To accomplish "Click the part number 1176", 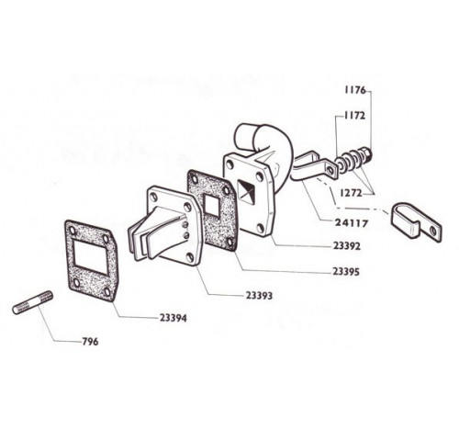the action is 355,90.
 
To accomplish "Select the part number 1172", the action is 354,116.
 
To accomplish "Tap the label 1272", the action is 351,193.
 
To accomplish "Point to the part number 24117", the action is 352,223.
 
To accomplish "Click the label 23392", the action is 347,246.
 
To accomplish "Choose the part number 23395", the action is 346,272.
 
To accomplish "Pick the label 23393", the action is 259,296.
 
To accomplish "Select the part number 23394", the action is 173,318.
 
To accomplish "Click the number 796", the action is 90,342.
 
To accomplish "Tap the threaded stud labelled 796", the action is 33,302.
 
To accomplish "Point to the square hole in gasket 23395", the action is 212,205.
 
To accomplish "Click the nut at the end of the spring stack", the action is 367,153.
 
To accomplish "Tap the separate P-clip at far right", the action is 417,221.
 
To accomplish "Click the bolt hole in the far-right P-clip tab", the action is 433,231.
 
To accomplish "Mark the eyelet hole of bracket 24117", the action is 330,170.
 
